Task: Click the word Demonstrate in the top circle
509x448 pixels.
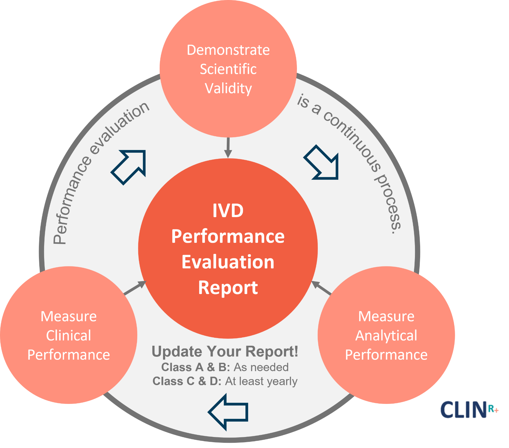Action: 228,50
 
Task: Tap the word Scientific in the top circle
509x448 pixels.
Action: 228,69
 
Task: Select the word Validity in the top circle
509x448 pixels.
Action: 228,88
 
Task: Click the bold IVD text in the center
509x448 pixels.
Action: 228,211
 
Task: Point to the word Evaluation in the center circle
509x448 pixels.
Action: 228,262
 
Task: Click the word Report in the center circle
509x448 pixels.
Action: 228,288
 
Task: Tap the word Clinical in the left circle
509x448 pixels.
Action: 69,336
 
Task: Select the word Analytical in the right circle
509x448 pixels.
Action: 386,336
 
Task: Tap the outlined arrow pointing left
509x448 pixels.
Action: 228,412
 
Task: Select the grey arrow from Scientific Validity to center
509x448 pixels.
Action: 228,148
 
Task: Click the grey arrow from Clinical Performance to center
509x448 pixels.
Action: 135,288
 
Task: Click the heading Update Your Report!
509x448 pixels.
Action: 225,352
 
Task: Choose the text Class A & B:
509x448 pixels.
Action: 196,367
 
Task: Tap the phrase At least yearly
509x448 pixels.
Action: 261,381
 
